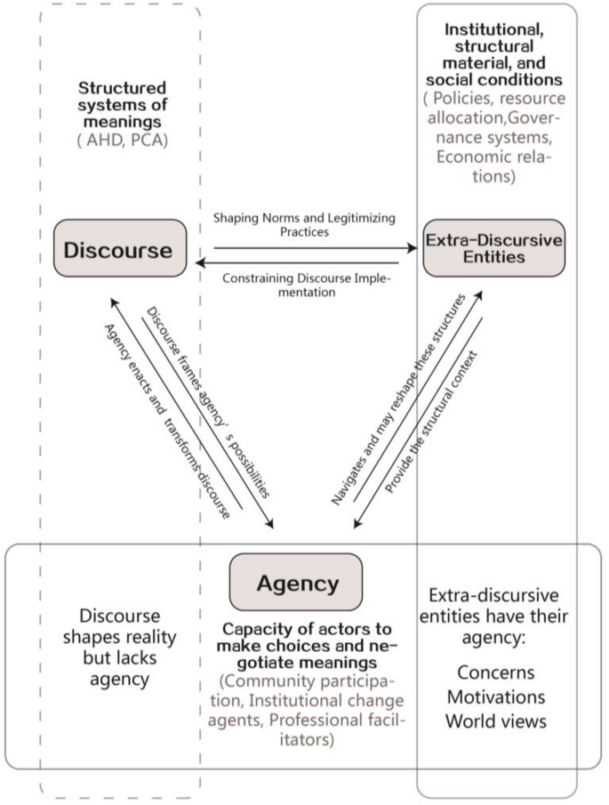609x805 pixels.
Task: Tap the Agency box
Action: tap(297, 584)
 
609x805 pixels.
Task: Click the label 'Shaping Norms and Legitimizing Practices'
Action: tap(305, 224)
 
